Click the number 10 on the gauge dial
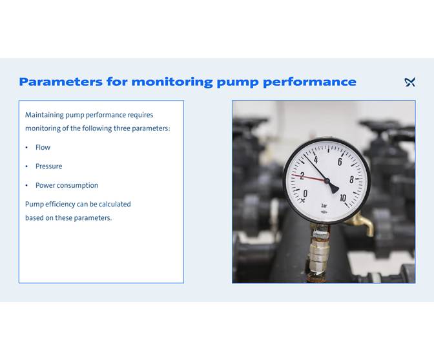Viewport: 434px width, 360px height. (342, 198)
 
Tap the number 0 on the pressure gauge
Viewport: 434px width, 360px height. (305, 194)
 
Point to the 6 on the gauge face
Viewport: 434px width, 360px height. (340, 162)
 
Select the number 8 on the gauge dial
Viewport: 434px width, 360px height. (351, 180)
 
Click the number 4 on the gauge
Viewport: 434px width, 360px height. (315, 159)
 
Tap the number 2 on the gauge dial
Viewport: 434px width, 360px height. (302, 175)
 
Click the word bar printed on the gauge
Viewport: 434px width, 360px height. (324, 206)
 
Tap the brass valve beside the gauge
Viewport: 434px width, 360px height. (361, 223)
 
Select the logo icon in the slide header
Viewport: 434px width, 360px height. (409, 82)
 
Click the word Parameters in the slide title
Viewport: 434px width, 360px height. (60, 82)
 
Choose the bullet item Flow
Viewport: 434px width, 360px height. (43, 148)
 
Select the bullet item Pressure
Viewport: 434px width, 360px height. (48, 166)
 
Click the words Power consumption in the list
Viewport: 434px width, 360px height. (67, 186)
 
